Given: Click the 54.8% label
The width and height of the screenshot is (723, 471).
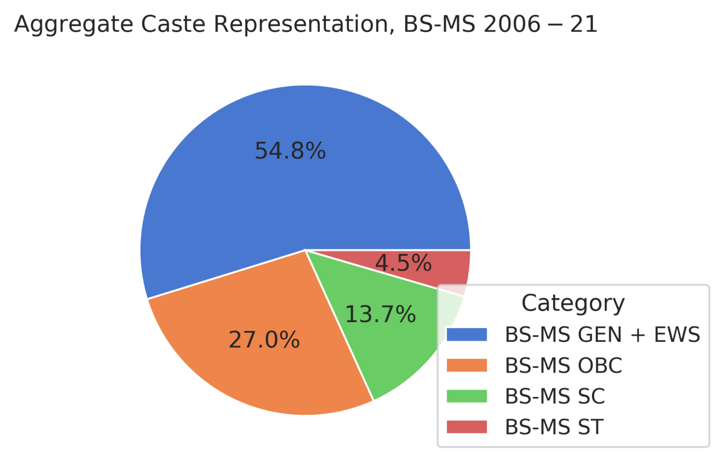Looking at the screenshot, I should pos(290,151).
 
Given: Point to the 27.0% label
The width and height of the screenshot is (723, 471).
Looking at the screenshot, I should pos(264,340).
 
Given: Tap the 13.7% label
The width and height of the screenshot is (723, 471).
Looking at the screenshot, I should pos(380,314).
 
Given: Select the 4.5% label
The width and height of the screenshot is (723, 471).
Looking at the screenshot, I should pos(403,263).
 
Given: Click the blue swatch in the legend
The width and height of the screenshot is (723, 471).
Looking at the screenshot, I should pos(466,335).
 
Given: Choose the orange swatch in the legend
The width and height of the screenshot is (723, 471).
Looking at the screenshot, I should pos(466,365).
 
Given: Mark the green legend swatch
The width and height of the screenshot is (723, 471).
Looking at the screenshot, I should pos(466,396).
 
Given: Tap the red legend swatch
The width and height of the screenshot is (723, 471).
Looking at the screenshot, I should pos(466,427).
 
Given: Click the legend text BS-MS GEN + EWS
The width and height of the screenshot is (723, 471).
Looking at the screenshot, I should pos(602,335).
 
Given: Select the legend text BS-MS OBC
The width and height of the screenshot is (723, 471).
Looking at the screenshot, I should pos(563,365).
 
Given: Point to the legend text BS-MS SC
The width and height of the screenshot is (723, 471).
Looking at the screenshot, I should pos(555,396).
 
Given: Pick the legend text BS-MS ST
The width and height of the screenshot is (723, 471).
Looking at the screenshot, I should pos(554,427).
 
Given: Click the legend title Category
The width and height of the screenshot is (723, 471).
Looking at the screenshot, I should pos(573,303).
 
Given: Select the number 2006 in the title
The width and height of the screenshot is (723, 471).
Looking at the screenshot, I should pos(512,24).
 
